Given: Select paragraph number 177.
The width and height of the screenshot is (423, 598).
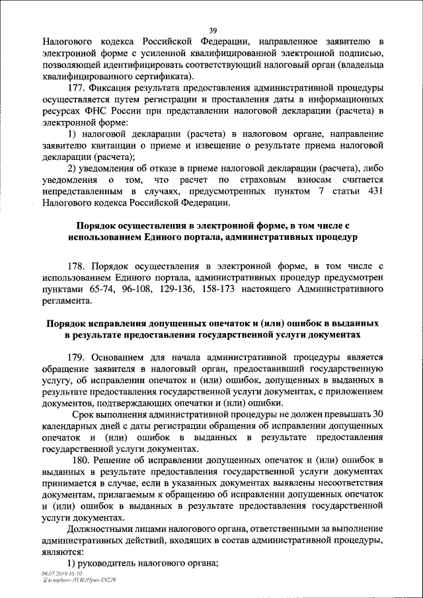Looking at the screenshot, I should [77, 89].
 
